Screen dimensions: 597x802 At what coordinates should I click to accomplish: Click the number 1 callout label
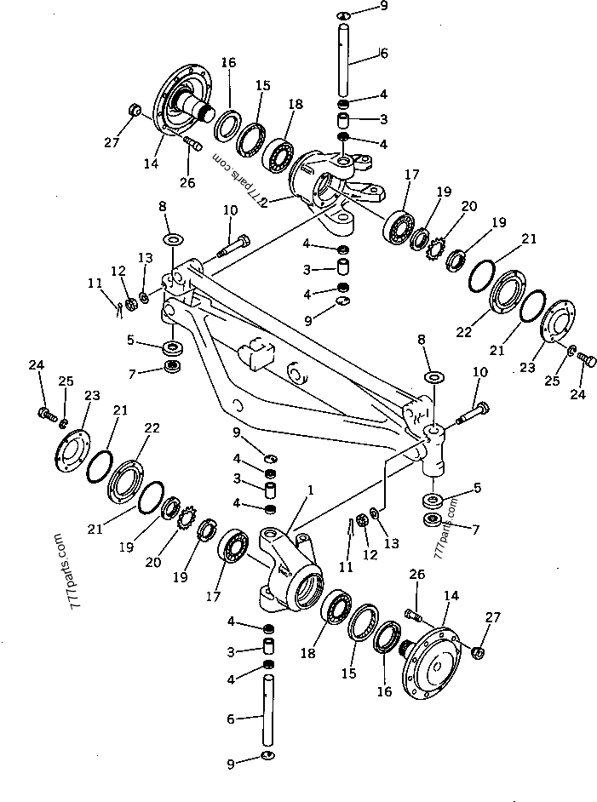tap(310, 490)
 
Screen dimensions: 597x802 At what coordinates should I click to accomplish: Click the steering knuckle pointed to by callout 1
tap(290, 571)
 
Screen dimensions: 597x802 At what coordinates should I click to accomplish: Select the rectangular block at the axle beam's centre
tap(255, 354)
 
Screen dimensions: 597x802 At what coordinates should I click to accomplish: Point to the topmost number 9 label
tap(383, 6)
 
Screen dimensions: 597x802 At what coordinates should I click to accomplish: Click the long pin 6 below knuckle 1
tap(269, 711)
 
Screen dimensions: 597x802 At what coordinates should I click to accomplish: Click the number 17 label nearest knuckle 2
tap(412, 175)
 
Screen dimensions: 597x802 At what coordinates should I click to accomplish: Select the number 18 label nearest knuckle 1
tap(308, 653)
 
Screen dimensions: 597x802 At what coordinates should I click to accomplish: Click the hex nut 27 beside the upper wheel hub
tap(135, 109)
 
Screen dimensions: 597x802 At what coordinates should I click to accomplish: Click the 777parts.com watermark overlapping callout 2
tap(238, 179)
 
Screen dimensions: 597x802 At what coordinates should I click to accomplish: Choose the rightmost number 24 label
tap(577, 394)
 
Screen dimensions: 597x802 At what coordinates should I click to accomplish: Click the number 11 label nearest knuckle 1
tap(347, 566)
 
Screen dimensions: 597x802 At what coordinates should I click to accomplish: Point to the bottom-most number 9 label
tap(231, 765)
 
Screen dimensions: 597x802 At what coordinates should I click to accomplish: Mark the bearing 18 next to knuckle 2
tap(278, 154)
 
